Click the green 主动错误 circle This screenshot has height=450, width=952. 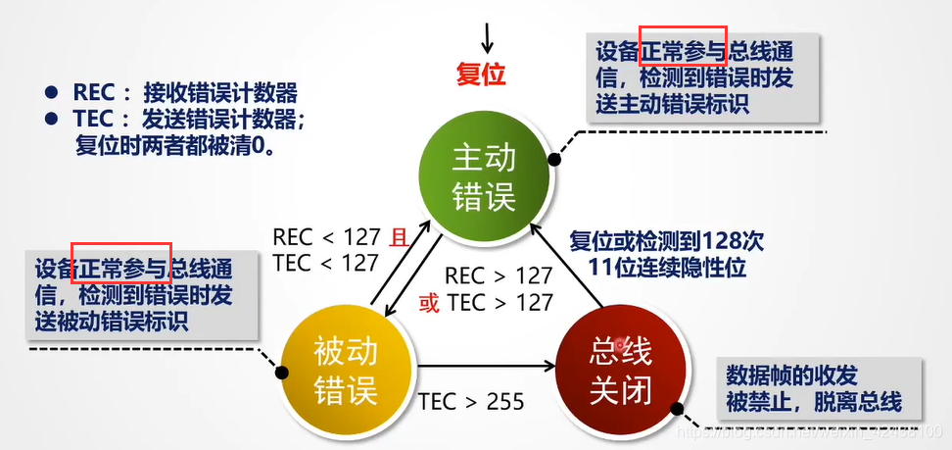[x=483, y=179]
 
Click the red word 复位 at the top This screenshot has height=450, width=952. [x=482, y=75]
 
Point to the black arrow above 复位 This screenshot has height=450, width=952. [x=488, y=36]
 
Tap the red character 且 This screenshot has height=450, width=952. [x=399, y=237]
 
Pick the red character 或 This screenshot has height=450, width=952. [x=429, y=303]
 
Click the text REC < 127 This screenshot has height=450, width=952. [x=326, y=237]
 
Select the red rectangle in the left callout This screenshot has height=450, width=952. [x=122, y=263]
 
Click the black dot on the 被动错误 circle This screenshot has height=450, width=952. [x=282, y=373]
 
